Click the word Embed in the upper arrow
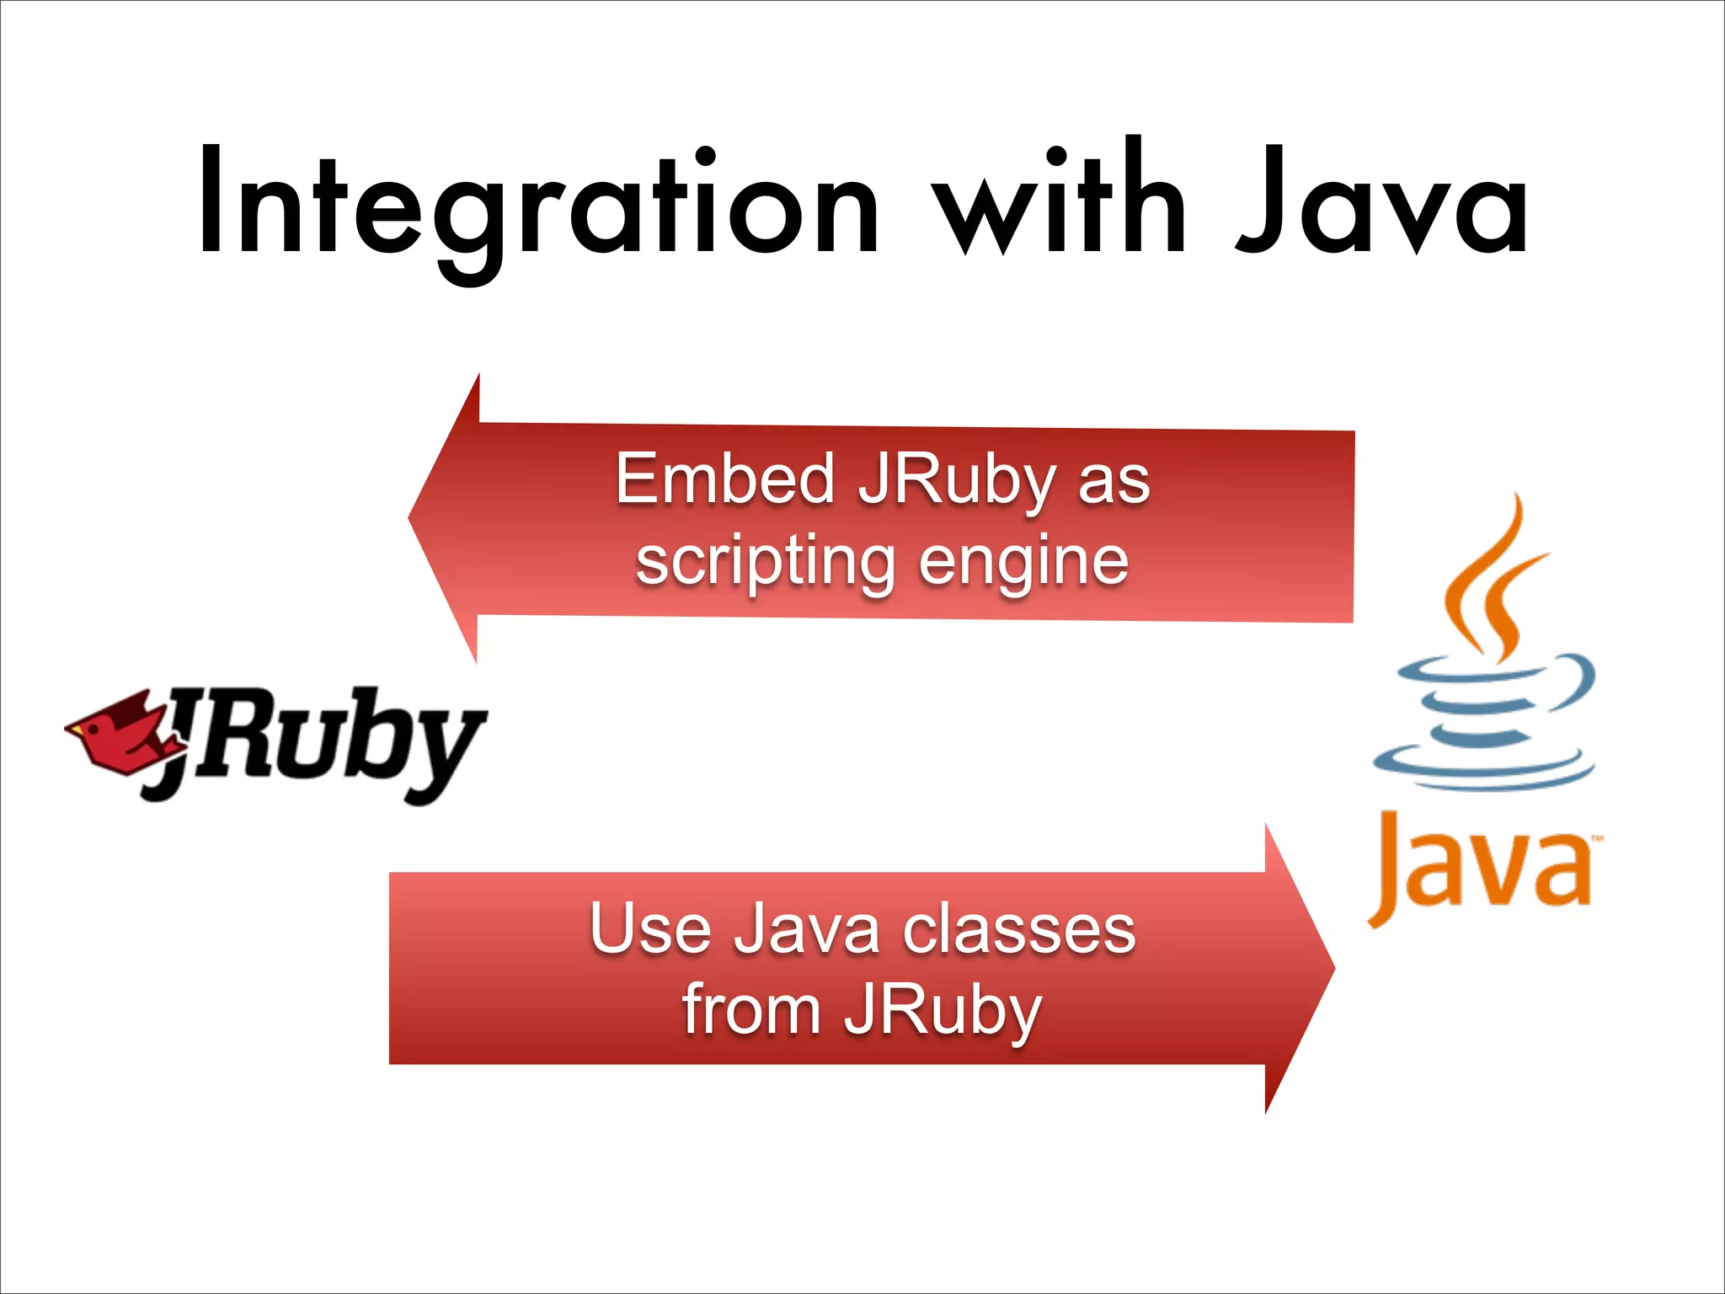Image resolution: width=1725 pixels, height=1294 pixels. pos(725,480)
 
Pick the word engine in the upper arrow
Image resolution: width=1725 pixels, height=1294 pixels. pos(1023,561)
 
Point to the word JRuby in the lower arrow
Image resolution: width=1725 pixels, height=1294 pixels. pos(943,1011)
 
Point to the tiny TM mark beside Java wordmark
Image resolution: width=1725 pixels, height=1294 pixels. pos(1596,839)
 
